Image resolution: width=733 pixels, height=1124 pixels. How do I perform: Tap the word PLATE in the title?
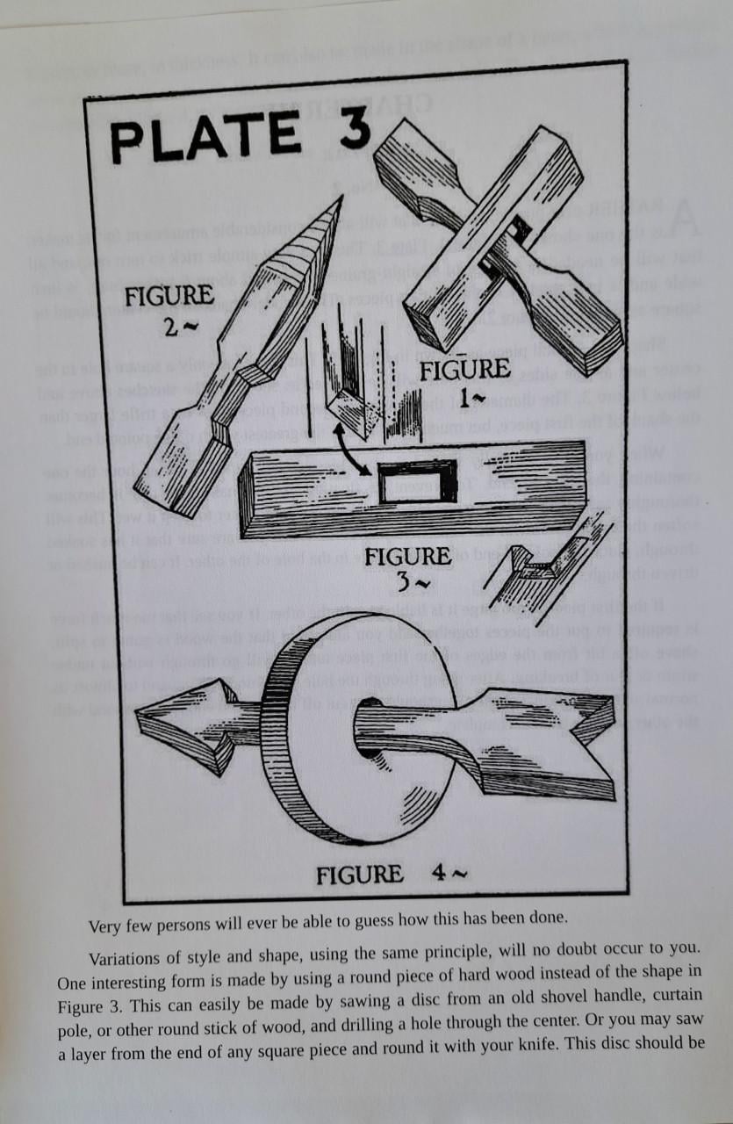pos(204,140)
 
